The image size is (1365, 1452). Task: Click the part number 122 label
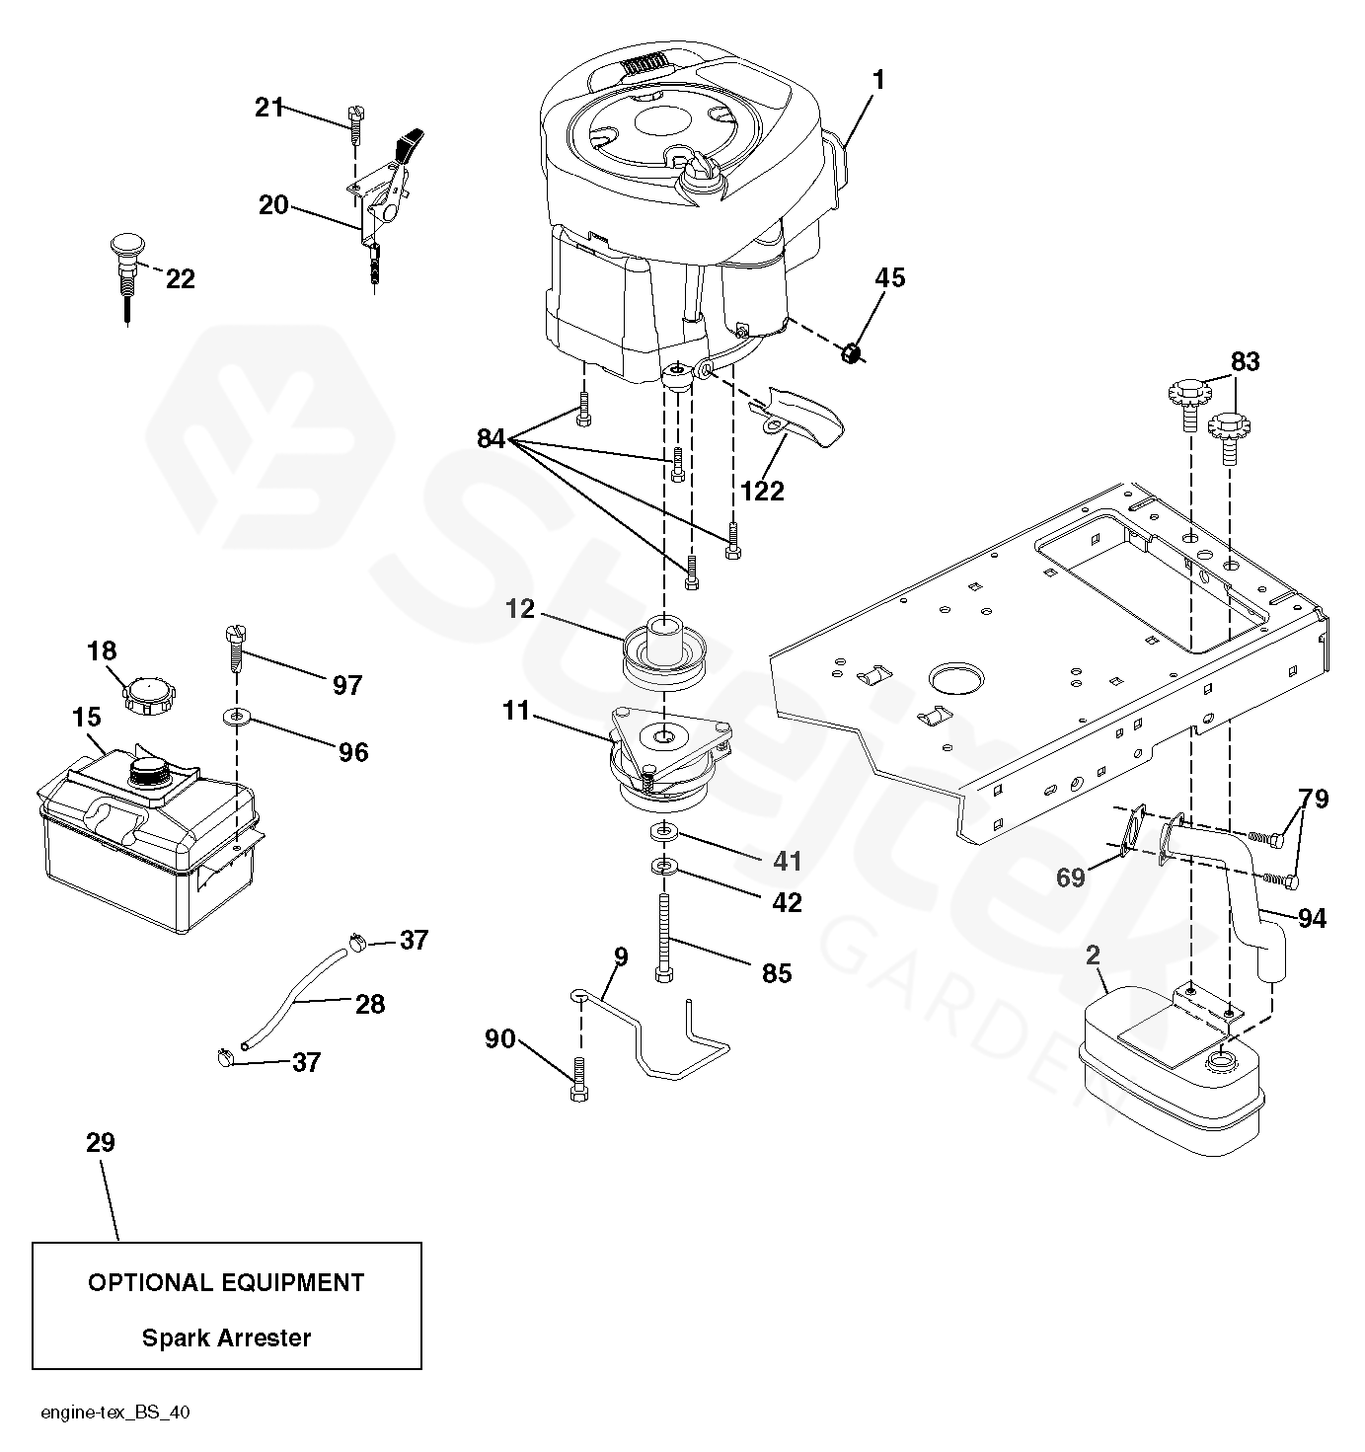tap(763, 491)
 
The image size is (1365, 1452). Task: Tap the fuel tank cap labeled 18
tap(150, 695)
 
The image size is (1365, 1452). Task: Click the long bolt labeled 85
tap(664, 938)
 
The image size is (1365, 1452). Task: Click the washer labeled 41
tap(663, 831)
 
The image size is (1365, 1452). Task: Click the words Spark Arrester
tap(226, 1337)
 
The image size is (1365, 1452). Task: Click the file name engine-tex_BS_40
tap(115, 1412)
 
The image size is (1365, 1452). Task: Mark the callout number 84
tap(492, 438)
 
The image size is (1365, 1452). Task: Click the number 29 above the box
tap(101, 1142)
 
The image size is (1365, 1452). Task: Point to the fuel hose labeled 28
tap(294, 997)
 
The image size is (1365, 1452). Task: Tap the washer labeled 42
tap(663, 867)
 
